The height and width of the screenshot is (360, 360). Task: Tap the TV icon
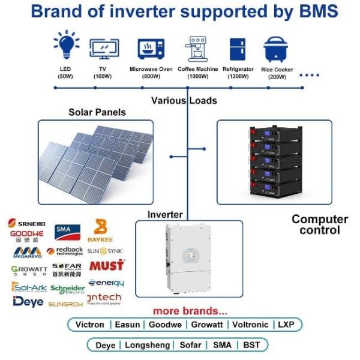(x=103, y=48)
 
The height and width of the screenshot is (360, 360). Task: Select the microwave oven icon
(x=151, y=48)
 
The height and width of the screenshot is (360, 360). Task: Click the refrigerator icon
(x=238, y=49)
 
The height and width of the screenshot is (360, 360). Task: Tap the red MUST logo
(x=109, y=265)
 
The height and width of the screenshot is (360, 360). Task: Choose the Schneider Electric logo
(x=68, y=289)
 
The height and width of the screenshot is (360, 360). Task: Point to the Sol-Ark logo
(x=28, y=287)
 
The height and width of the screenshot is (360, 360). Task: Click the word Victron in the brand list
(x=90, y=325)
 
